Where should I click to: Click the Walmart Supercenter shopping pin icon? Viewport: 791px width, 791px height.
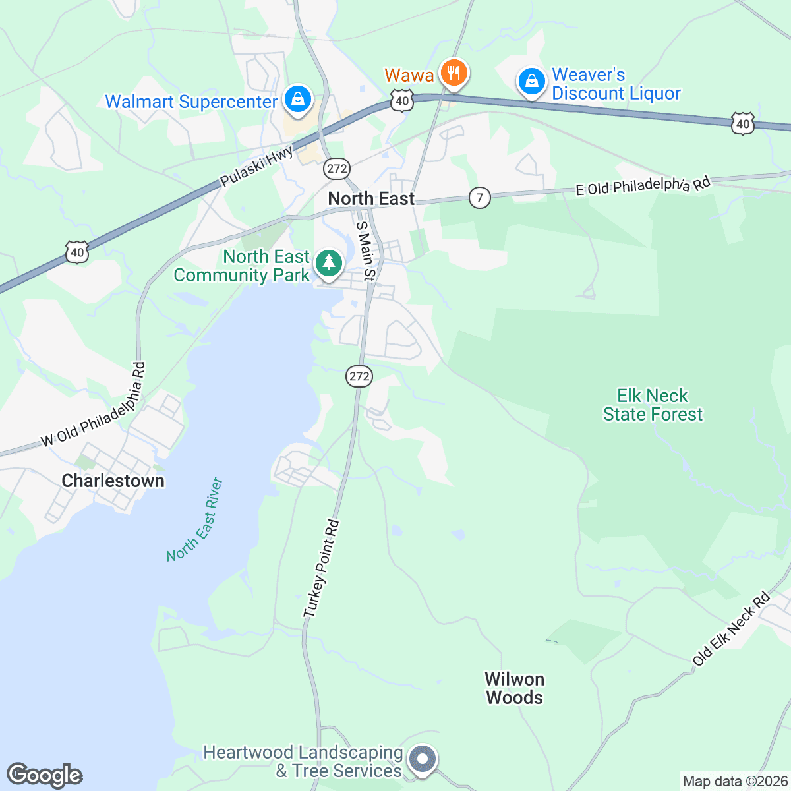(x=298, y=100)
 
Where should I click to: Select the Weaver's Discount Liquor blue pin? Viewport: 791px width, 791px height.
(x=531, y=82)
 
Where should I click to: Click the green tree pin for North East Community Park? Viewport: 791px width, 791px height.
(x=328, y=264)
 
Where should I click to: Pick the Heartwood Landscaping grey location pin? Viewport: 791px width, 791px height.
(x=422, y=759)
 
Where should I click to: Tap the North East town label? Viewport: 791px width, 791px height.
(x=371, y=198)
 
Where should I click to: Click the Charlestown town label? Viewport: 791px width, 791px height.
(x=113, y=481)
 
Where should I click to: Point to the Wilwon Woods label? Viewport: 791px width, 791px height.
(x=514, y=688)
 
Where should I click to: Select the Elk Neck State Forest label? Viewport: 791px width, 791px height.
(x=653, y=405)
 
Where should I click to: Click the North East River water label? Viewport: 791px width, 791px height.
(x=195, y=520)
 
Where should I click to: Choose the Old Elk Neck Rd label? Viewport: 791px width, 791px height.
(x=731, y=629)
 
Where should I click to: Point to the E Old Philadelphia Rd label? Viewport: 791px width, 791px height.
(x=643, y=185)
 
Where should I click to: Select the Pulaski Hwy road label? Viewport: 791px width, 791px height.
(x=256, y=167)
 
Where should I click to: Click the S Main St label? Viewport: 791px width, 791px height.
(x=365, y=251)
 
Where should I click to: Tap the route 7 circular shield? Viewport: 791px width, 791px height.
(x=480, y=197)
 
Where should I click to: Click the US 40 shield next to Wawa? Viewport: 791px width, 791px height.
(x=401, y=101)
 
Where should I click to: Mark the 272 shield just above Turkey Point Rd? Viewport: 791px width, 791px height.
(x=359, y=376)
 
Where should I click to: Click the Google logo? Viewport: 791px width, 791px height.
(x=45, y=776)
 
